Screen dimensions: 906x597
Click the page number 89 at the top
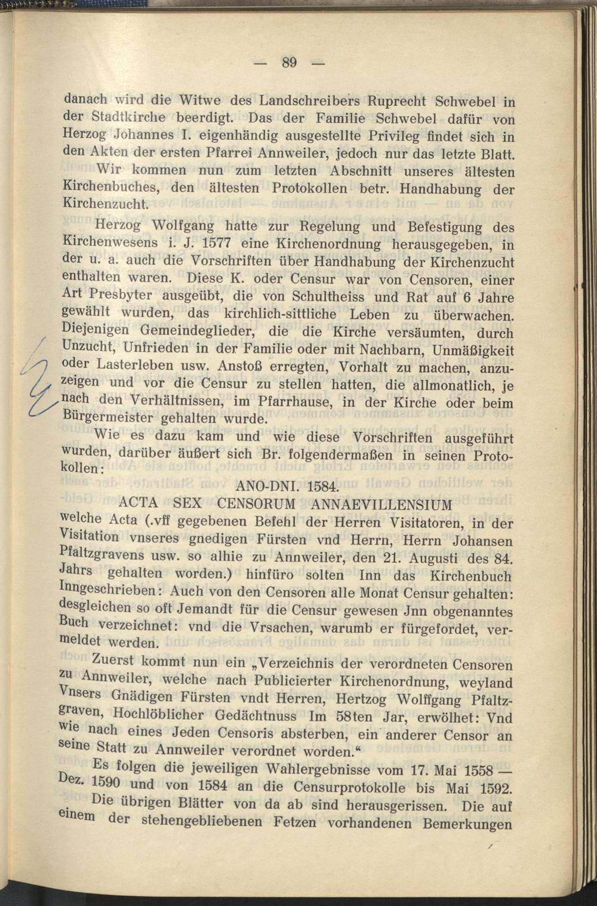pyautogui.click(x=290, y=62)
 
